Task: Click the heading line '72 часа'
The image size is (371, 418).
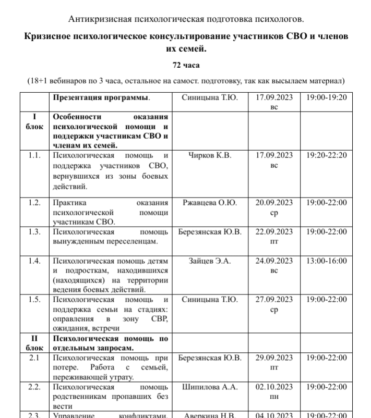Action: tap(186, 65)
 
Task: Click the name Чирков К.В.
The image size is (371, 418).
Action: tap(209, 155)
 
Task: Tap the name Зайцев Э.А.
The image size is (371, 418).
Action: tap(209, 261)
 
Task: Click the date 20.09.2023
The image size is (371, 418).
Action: tap(274, 202)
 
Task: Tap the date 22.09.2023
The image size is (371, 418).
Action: tap(274, 231)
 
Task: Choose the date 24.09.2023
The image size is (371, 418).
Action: tap(274, 261)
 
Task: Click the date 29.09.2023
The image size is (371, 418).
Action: tap(274, 358)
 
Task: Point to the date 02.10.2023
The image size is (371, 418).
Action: tap(274, 387)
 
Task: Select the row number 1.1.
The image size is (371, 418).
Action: tap(34, 155)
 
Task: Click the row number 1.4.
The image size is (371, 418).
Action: tap(34, 261)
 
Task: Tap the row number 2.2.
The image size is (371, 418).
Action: tap(34, 387)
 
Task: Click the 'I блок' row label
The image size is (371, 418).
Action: tap(34, 122)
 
